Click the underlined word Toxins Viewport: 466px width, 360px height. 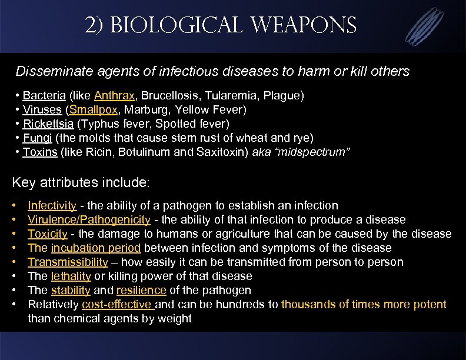[40, 152]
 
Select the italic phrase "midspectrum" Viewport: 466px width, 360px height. [318, 152]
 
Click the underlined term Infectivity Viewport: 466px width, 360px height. [52, 206]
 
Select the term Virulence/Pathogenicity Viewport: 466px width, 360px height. [89, 220]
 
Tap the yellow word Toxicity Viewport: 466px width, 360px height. [47, 234]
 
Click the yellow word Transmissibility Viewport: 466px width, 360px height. [68, 262]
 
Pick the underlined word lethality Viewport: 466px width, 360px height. [71, 276]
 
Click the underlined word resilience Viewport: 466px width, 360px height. [141, 291]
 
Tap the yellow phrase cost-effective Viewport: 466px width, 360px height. [118, 305]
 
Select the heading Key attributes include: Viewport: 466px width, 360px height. [81, 182]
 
